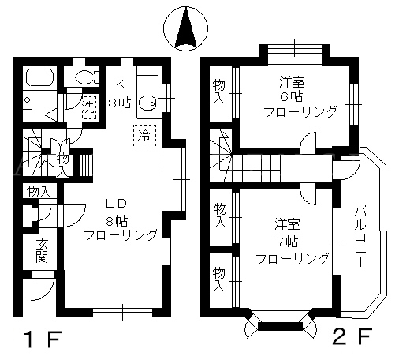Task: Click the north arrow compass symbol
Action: pos(185,28)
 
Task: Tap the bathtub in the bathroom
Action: pos(39,77)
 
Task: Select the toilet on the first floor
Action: pos(87,77)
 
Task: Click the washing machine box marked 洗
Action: pos(89,107)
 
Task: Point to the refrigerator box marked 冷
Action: pos(144,137)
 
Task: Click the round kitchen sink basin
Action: pos(147,104)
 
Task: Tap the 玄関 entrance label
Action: pos(42,251)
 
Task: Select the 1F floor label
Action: pos(43,339)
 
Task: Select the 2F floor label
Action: pos(353,336)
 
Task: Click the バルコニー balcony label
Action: pos(360,237)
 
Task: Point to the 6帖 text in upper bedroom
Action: pos(292,97)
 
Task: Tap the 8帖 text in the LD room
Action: pos(117,221)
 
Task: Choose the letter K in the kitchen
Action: pos(120,84)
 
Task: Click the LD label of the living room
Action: pos(116,203)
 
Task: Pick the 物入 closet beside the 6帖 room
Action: pos(218,92)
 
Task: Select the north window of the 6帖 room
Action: pos(295,49)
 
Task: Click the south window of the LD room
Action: pos(122,313)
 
